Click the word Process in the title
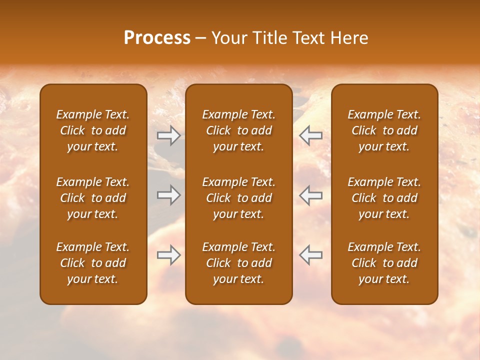[157, 38]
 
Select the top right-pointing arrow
[168, 135]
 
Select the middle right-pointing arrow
[168, 194]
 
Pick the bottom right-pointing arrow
[168, 255]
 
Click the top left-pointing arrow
[310, 135]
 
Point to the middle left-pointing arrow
[310, 194]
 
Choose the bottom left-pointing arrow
[310, 255]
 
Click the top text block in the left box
[93, 130]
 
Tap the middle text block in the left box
[93, 198]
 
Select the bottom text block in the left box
[93, 263]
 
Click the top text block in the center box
[238, 130]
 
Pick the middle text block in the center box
[238, 198]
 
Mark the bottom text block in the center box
[238, 263]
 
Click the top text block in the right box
[384, 130]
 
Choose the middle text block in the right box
[384, 198]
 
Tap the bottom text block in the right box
[384, 263]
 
